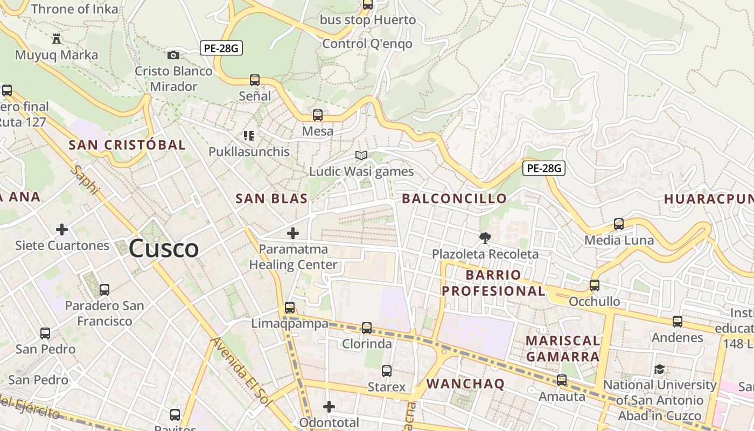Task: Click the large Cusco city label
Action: coord(164,248)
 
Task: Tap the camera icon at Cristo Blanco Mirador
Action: coord(173,55)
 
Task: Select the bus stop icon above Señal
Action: coord(255,80)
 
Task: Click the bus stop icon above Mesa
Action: coord(318,115)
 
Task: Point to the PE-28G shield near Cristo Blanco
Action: coord(221,48)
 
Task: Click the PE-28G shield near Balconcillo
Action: coord(544,168)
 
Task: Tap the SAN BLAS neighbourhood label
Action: coord(271,198)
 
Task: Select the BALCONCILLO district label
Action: coord(454,198)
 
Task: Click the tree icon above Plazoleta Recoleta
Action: coord(485,238)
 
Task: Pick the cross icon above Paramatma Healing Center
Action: coord(293,233)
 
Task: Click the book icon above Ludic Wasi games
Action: coord(361,156)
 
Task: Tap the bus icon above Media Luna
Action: coord(619,224)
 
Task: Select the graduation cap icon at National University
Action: coord(659,369)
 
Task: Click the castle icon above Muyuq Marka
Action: coord(57,39)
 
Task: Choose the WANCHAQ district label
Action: coord(465,384)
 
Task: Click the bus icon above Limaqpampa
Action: coord(290,308)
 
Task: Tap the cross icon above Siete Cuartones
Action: coord(62,230)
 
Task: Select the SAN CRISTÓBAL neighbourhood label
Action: coord(127,144)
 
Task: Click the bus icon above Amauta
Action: coord(562,380)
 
